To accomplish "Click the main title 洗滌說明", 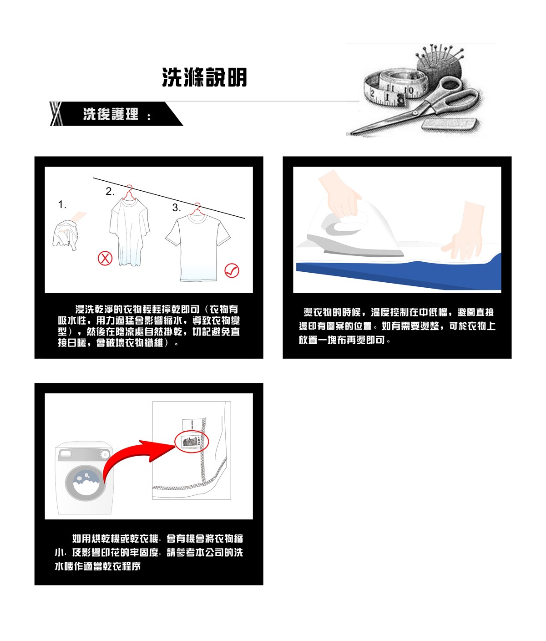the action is point(204,77).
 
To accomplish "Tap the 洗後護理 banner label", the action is point(111,114).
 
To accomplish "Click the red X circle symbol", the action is point(105,258).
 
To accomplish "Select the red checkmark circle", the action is point(232,271).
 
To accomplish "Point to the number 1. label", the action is point(62,205).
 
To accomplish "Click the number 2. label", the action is point(110,191).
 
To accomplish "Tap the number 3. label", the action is point(177,208).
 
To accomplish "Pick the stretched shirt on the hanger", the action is point(130,232).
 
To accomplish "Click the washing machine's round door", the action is point(86,483).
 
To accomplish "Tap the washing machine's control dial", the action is point(105,455).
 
